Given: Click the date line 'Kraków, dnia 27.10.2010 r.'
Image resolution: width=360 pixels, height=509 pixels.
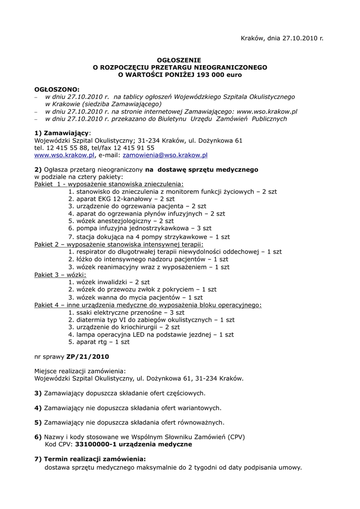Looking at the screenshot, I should [282, 38].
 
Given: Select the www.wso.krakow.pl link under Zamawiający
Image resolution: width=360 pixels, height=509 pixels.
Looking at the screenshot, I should [64, 155].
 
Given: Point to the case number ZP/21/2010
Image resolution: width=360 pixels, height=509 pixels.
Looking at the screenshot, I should [88, 356].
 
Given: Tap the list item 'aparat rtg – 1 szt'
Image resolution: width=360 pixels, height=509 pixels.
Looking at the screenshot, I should [99, 342].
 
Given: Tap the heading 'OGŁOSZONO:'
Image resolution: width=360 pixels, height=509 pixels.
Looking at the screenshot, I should [57, 89].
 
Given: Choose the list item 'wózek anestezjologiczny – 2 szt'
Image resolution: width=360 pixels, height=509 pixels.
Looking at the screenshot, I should [121, 221].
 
